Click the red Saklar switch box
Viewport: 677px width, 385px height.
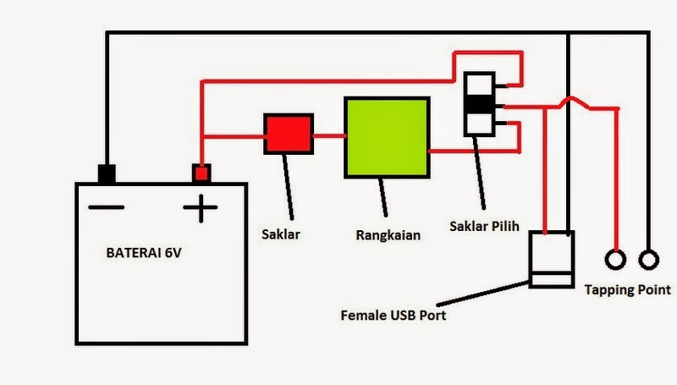289,134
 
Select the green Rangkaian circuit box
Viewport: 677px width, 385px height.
385,136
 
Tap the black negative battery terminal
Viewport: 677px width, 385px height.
107,173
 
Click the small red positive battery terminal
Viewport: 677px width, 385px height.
201,173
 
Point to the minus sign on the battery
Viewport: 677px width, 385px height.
107,208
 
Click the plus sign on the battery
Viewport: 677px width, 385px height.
201,208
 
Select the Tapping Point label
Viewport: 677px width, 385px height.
628,290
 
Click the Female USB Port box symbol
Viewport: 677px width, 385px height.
550,259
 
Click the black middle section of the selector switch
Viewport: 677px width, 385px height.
479,105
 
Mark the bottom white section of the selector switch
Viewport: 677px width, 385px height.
479,125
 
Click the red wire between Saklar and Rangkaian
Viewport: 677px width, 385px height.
327,135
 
